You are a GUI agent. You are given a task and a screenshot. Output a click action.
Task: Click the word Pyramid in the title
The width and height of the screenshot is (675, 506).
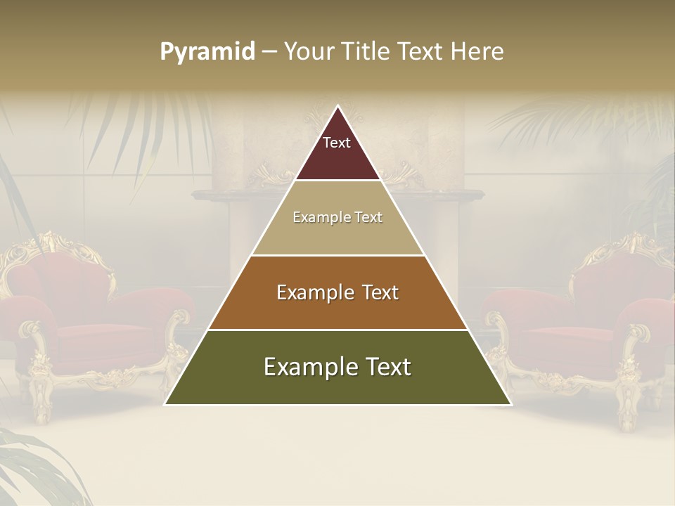[x=207, y=51]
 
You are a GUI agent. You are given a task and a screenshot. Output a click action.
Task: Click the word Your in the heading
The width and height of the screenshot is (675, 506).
[x=310, y=51]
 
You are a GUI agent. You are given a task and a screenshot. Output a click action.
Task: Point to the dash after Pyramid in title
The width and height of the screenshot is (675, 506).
[x=269, y=52]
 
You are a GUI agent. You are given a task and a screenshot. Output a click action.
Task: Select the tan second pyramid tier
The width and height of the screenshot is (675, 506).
[x=337, y=235]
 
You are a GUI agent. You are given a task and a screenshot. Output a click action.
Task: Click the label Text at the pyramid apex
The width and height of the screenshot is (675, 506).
[x=337, y=143]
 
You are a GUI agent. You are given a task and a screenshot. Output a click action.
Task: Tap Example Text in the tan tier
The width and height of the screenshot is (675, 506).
[x=337, y=217]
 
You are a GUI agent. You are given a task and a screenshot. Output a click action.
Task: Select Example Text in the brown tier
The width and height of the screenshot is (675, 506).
[x=337, y=292]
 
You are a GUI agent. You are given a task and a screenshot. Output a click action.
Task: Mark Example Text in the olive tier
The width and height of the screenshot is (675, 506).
[x=337, y=367]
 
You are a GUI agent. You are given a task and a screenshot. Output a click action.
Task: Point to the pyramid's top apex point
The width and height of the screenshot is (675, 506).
[x=337, y=106]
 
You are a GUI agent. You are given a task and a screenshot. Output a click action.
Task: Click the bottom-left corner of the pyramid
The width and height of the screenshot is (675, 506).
[x=165, y=404]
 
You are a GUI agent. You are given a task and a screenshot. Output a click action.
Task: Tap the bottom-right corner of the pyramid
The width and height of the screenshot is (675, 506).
[x=510, y=404]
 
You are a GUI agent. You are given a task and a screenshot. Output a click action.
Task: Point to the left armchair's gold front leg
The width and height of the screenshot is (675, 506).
[x=41, y=401]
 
